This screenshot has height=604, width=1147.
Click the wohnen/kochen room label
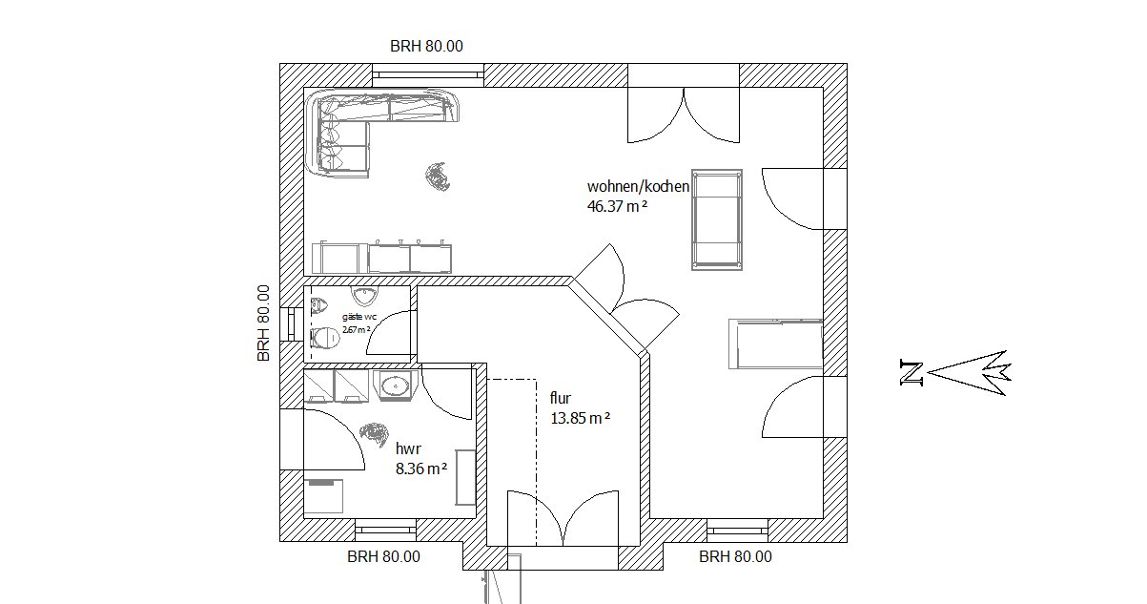[x=638, y=186]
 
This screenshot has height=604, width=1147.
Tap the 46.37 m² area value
[x=617, y=206]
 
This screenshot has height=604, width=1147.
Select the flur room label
[x=561, y=398]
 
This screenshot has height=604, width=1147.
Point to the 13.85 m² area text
[x=580, y=418]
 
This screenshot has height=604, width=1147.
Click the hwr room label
[x=408, y=448]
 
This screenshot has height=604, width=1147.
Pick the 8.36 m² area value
[x=421, y=469]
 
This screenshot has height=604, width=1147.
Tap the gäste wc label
[x=359, y=317]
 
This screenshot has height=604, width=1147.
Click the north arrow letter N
[x=911, y=373]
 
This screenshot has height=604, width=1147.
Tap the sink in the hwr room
[x=396, y=385]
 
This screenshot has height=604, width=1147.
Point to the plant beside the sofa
[x=439, y=177]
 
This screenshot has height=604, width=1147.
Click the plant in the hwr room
[x=375, y=434]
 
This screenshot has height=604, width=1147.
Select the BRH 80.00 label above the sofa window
[x=426, y=47]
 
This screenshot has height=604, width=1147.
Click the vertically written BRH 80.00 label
[x=263, y=323]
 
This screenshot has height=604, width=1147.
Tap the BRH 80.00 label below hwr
[x=383, y=557]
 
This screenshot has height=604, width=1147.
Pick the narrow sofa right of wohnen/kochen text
[x=717, y=219]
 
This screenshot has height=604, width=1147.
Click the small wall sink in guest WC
[x=365, y=295]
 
